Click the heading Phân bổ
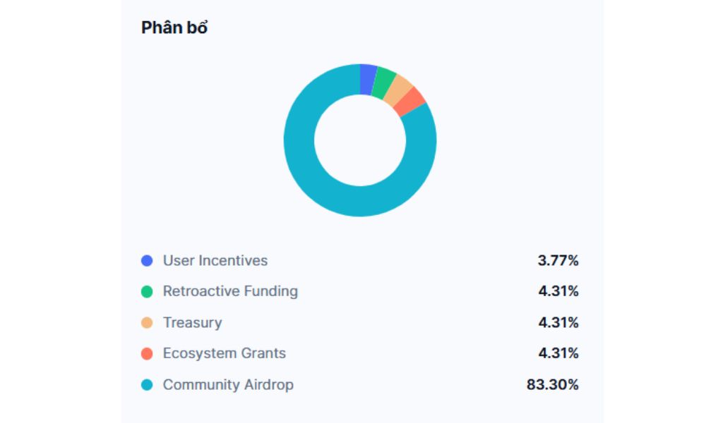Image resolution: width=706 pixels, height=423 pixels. point(174,27)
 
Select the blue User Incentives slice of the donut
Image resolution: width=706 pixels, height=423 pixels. point(368,79)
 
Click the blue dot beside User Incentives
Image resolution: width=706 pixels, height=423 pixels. point(147,261)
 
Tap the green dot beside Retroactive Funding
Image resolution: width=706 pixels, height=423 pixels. point(147,292)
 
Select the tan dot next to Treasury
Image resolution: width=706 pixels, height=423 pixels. point(147,323)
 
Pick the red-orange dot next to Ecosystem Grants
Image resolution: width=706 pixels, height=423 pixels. point(147,354)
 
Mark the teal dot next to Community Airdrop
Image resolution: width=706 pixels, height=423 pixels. point(147,385)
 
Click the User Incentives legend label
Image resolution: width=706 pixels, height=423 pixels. point(215,261)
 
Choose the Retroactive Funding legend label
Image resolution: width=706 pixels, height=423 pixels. point(230,291)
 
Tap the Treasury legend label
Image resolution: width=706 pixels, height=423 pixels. point(192,323)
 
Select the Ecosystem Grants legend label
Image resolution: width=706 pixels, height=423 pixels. point(225,353)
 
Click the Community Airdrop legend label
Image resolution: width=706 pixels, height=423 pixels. point(228,385)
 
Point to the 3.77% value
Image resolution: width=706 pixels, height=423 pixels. point(558,261)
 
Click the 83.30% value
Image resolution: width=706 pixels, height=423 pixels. point(552,385)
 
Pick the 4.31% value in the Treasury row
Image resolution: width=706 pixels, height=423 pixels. point(558,323)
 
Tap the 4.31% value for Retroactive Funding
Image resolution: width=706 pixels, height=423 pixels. point(558,292)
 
